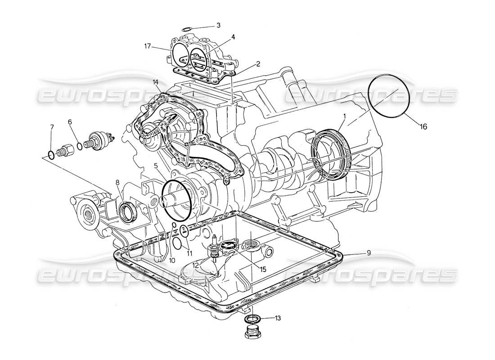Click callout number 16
(x=423, y=127)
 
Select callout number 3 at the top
(x=218, y=25)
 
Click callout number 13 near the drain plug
(x=278, y=318)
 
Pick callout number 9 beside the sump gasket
(x=368, y=253)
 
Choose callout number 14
(x=156, y=82)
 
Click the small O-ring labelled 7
(x=52, y=155)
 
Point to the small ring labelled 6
(x=79, y=145)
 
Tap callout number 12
(x=195, y=266)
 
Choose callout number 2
(x=258, y=63)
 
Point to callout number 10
(x=172, y=261)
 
